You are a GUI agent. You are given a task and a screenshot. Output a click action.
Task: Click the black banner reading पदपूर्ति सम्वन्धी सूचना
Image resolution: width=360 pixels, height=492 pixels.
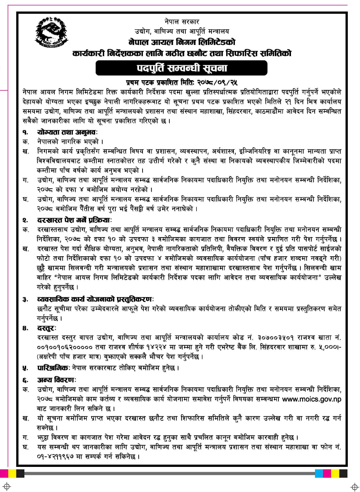pos(181,68)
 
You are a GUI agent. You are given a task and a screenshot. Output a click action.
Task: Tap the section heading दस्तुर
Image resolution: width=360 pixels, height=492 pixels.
pos(47,328)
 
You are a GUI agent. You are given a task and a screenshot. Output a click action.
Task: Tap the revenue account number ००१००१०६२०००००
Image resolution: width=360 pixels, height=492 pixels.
pos(64,348)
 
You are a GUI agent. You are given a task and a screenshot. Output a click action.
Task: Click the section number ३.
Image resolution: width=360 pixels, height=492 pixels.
pos(25,300)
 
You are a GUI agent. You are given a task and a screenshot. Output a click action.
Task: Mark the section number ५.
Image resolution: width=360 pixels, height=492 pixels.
pos(25,368)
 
